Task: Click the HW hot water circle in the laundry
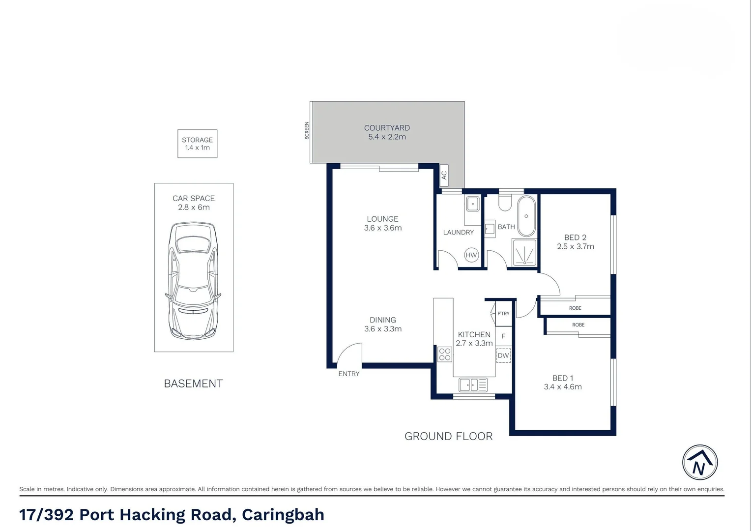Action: [x=471, y=255]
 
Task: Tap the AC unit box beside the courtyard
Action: [x=444, y=175]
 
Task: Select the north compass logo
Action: [x=700, y=463]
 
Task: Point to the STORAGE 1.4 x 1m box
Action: [x=197, y=144]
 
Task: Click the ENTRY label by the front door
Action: [x=348, y=374]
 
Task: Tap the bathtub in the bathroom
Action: [x=526, y=216]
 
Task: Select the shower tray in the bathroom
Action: [x=524, y=253]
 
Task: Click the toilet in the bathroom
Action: [x=505, y=203]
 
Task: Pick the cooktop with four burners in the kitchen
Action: [x=445, y=354]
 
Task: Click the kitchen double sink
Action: [x=473, y=384]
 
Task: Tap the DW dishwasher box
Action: [x=503, y=355]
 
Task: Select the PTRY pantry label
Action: [x=503, y=314]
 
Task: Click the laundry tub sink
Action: [x=472, y=204]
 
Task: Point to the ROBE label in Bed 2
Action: [x=575, y=308]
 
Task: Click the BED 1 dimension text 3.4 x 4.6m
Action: [x=563, y=387]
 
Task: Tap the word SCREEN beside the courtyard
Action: [x=307, y=131]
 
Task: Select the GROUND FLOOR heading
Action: [x=448, y=436]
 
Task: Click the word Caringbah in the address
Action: [x=283, y=514]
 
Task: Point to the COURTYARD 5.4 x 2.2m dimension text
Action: [x=387, y=137]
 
